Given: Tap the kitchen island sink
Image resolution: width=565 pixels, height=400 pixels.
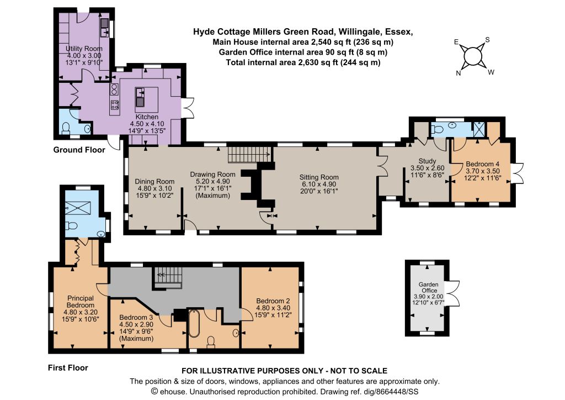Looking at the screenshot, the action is [x=140, y=97].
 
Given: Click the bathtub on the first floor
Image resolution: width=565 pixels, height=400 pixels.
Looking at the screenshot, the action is [x=194, y=323].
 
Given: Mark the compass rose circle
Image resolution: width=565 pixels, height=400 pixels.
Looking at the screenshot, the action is [x=472, y=56].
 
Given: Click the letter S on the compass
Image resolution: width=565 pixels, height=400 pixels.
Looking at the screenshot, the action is [x=487, y=40].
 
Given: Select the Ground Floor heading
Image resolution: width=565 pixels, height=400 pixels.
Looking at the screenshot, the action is [x=79, y=150].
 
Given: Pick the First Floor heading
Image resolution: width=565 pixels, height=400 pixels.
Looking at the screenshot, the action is [x=68, y=367].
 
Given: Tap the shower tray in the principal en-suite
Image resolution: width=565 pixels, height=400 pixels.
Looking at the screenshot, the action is [x=78, y=208].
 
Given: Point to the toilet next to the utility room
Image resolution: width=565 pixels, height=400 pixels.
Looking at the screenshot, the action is [x=66, y=128].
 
